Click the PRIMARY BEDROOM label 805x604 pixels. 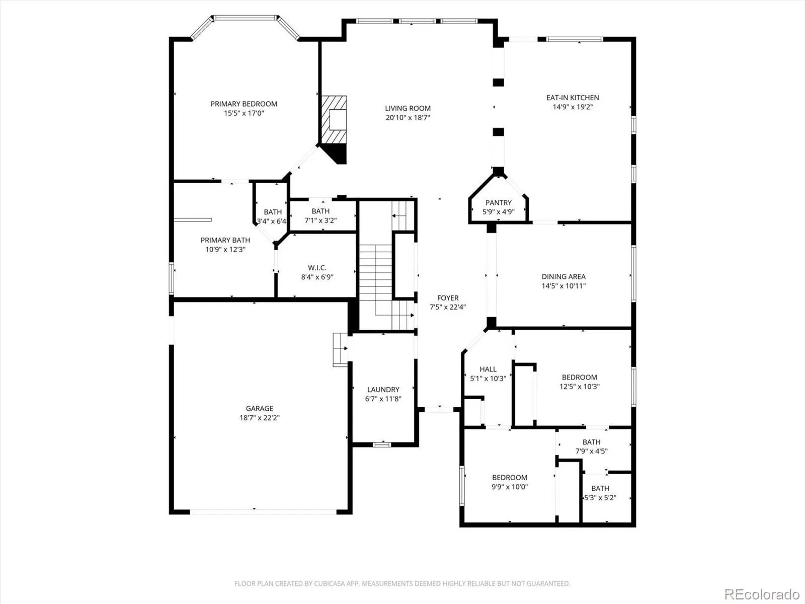[244, 104]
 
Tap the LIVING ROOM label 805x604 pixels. [408, 108]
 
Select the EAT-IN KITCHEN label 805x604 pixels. [573, 98]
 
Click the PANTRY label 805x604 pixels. [499, 202]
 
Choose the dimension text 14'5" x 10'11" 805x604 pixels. [563, 286]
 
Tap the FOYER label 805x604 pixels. [448, 298]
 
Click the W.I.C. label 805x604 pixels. [317, 268]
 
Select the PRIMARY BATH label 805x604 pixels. [225, 240]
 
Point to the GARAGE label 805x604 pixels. [259, 408]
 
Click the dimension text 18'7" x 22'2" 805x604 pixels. [259, 418]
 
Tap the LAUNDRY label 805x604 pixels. [383, 390]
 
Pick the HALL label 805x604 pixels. [488, 369]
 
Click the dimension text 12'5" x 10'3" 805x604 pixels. [580, 387]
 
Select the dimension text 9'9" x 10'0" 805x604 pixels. [509, 487]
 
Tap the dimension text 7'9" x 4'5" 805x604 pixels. [591, 451]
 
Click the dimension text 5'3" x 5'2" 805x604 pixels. [600, 498]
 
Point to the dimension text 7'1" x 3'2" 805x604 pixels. [320, 220]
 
